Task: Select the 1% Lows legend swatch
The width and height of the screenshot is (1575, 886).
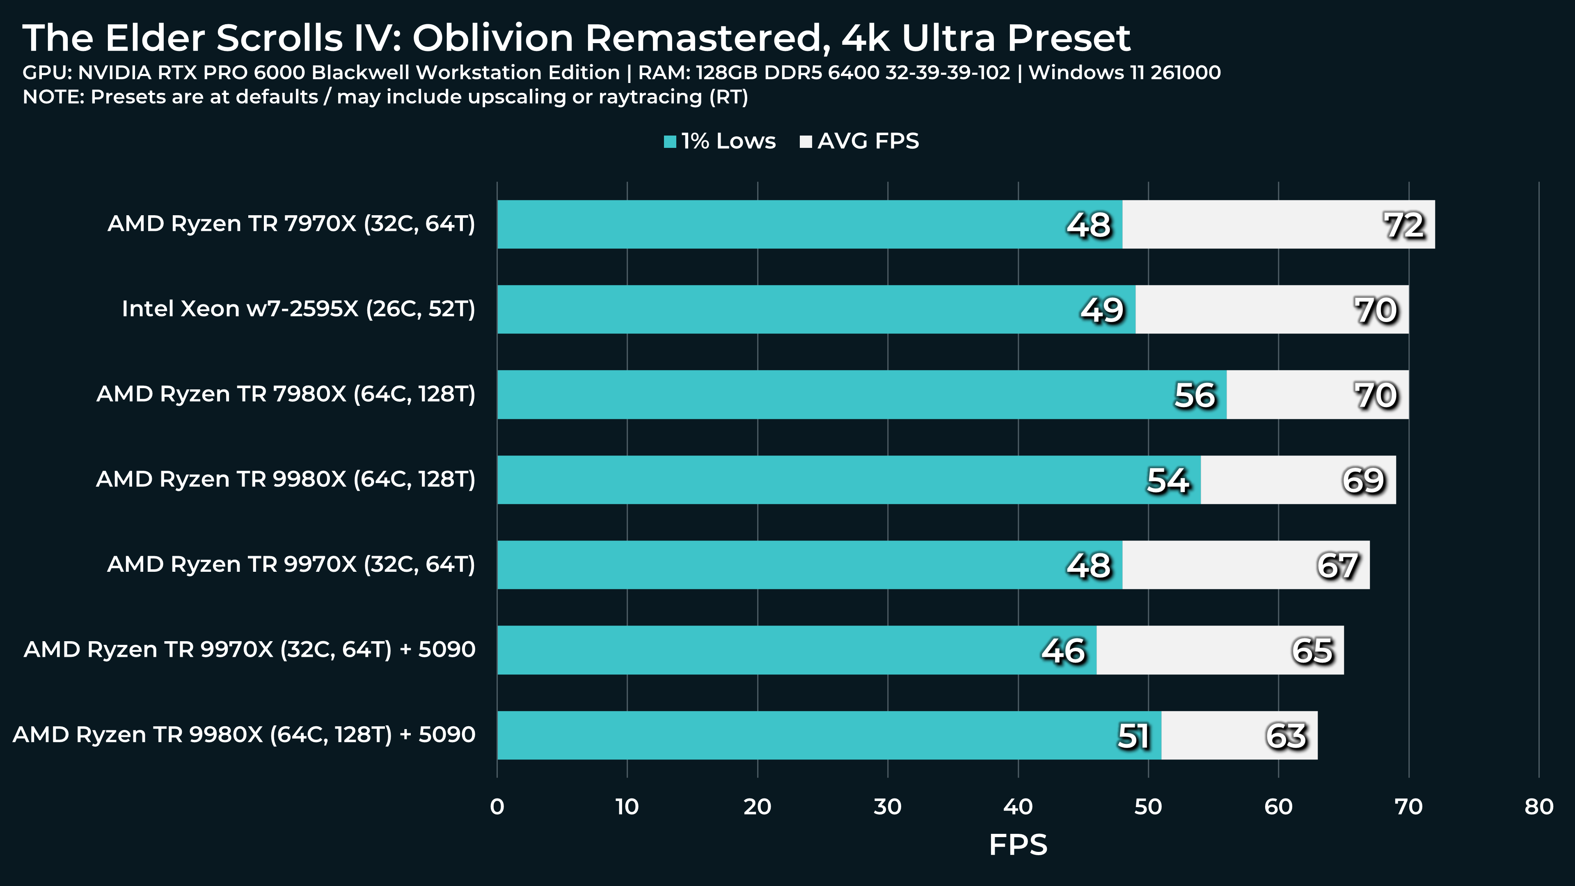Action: click(x=670, y=142)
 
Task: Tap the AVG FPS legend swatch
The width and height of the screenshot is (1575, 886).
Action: click(x=806, y=142)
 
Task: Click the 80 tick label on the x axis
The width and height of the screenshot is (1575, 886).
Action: click(x=1538, y=806)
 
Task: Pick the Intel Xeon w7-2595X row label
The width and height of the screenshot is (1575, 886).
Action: click(x=298, y=308)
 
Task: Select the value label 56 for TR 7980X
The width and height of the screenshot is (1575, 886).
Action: click(x=1194, y=395)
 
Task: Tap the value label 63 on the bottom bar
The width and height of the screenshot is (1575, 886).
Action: click(x=1286, y=736)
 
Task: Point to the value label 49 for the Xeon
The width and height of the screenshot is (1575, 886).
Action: click(x=1102, y=310)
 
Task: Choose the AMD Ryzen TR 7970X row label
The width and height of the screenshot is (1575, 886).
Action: click(x=291, y=223)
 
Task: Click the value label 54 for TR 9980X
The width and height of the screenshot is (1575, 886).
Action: click(x=1168, y=480)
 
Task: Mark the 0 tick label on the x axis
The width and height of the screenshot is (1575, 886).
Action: click(x=497, y=806)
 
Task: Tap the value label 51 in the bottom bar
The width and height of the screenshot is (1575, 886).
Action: click(x=1133, y=736)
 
